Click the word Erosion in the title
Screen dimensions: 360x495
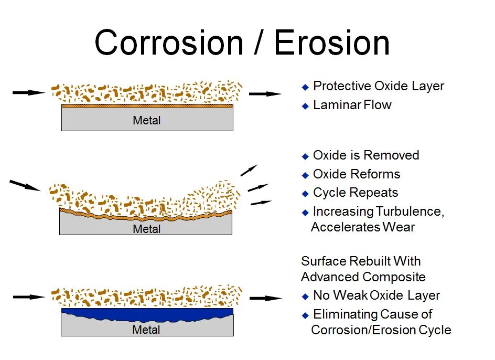click(x=332, y=43)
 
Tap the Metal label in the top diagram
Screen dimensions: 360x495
click(x=147, y=121)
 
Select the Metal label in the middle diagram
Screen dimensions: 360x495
click(x=147, y=229)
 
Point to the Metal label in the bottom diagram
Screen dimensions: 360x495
click(x=146, y=330)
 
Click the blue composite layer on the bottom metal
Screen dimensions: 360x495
click(x=147, y=314)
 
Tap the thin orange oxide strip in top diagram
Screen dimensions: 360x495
click(x=147, y=105)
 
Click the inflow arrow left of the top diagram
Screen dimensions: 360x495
click(x=29, y=93)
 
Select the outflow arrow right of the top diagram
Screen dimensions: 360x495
click(x=265, y=94)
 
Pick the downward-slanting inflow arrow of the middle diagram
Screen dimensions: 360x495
click(x=25, y=185)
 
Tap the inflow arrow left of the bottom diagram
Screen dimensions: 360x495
click(x=29, y=297)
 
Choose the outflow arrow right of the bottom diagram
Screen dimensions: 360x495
click(x=265, y=298)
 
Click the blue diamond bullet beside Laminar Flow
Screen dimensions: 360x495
click(x=306, y=106)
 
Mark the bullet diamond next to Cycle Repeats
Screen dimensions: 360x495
click(x=306, y=194)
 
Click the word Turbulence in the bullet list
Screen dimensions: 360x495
click(x=410, y=211)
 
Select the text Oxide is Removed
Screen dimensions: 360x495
click(x=366, y=155)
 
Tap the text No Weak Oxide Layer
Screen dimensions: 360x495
click(x=376, y=296)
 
